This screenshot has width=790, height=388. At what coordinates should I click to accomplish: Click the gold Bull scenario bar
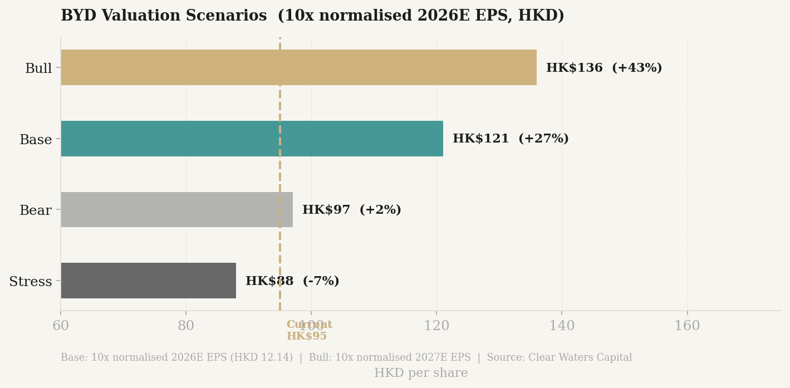point(298,67)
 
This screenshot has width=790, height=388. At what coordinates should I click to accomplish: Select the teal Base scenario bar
point(252,139)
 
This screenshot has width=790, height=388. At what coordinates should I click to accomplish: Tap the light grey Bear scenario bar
point(176,209)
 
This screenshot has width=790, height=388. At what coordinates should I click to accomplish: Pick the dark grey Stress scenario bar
point(148,281)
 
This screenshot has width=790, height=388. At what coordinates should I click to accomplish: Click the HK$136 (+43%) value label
point(604,68)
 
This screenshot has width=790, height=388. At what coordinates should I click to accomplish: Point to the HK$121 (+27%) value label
point(511,139)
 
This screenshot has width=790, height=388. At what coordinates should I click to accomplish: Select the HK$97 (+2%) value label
point(351,210)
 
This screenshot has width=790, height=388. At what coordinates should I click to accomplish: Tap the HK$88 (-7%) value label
point(292,281)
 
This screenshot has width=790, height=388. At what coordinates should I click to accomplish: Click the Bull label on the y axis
point(38,68)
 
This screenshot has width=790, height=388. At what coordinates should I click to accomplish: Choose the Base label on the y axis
point(36,140)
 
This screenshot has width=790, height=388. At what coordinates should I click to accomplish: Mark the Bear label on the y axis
point(36,210)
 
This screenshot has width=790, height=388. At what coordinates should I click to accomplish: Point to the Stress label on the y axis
point(31,282)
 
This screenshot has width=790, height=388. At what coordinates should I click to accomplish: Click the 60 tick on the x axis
point(61,326)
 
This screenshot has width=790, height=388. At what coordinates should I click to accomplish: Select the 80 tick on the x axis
point(186,326)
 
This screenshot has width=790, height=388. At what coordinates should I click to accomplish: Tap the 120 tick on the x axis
point(436,326)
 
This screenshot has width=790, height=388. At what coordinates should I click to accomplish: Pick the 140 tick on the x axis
point(562,326)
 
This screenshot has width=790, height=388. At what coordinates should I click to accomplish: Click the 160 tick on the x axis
point(687,326)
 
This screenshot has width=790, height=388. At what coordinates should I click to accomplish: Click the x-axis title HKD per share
point(421,373)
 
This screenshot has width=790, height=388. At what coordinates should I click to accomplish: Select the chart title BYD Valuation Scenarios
point(164,16)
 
